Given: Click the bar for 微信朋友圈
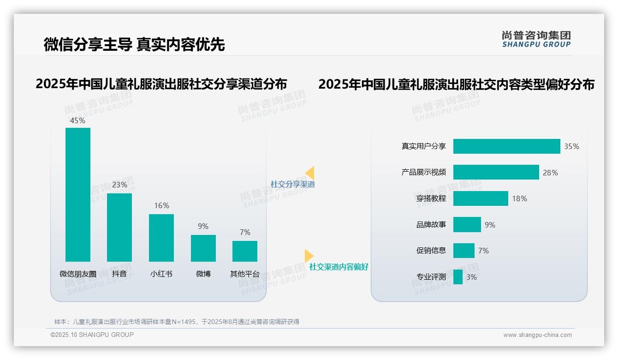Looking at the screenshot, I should tap(78, 195).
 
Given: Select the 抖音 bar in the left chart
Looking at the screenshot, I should tap(119, 228).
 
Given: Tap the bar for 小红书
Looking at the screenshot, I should tap(161, 238).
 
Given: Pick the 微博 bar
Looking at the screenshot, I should tap(203, 248).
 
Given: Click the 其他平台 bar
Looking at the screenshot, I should tap(245, 251).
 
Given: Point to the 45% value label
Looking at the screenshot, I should tap(78, 120).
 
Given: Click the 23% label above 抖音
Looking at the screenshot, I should tap(119, 185).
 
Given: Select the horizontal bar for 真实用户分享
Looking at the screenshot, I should tap(506, 146).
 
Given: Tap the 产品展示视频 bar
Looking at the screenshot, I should tap(496, 172).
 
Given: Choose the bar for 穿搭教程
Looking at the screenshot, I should tap(481, 198).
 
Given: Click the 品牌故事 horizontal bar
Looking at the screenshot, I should tap(467, 225).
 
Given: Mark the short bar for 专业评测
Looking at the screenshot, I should tap(458, 277).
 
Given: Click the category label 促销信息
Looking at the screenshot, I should tap(431, 251).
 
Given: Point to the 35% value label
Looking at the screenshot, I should tap(571, 146).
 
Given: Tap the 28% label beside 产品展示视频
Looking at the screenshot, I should tap(550, 173).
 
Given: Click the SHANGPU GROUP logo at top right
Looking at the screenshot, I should tap(536, 39).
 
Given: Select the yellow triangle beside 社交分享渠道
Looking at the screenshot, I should tap(310, 173).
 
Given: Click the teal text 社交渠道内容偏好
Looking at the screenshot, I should tap(339, 267).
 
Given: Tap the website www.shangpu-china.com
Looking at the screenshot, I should tap(537, 335).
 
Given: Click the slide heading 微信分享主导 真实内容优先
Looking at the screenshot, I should tap(134, 44).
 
